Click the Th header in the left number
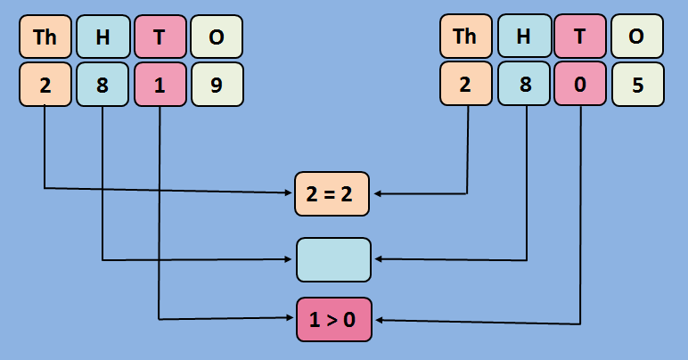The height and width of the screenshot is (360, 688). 45,37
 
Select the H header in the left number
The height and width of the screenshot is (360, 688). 102,37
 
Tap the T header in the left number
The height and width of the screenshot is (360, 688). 160,37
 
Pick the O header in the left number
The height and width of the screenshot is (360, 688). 217,37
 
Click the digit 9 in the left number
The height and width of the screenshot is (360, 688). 217,85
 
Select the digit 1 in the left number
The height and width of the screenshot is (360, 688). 160,85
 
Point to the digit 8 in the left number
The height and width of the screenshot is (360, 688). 102,85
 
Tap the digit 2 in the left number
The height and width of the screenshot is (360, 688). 45,85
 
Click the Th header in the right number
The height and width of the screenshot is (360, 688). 465,37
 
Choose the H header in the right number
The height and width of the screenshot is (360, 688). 523,37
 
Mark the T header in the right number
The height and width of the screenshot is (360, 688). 580,37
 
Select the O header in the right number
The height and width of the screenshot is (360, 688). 637,37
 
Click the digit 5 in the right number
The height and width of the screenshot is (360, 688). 637,85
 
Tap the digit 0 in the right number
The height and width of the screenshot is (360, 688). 580,85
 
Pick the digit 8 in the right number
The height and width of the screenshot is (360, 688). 523,85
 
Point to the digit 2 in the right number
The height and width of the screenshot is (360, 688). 465,85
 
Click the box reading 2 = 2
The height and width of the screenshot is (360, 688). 332,193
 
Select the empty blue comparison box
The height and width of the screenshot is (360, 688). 332,259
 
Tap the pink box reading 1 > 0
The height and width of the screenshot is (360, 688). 332,320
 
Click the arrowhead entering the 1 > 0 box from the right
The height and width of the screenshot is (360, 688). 378,321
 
